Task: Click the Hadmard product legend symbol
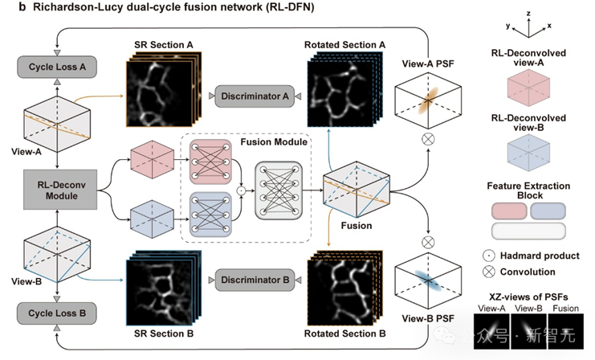(x=489, y=256)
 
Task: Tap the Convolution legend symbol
(x=489, y=272)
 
